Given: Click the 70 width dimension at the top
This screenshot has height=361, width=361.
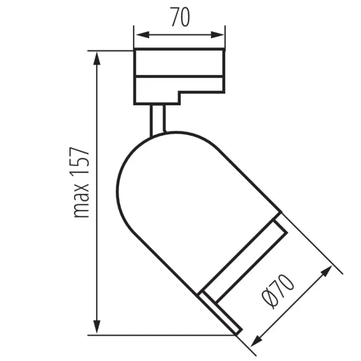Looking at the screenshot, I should [x=180, y=17].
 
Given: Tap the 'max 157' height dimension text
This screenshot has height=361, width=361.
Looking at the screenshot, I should [x=81, y=183].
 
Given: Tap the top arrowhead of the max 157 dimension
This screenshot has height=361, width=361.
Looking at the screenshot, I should [x=97, y=58].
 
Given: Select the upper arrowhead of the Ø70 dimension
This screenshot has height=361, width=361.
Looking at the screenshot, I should [x=327, y=271].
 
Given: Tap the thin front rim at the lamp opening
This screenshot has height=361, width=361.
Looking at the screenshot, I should [x=221, y=312].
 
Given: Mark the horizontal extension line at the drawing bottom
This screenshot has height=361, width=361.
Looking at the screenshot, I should [x=161, y=335].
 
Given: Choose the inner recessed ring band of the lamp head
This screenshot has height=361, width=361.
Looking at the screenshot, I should [x=246, y=259].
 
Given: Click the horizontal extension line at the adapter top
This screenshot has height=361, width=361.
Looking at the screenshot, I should [x=110, y=51].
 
